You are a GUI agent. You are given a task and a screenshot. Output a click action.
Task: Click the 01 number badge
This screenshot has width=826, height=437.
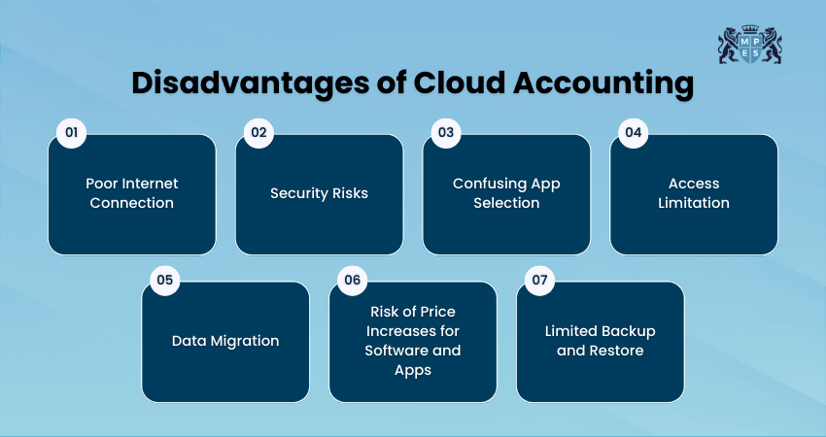[x=70, y=131]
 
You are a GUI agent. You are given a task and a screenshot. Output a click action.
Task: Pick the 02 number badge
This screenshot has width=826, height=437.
[x=258, y=131]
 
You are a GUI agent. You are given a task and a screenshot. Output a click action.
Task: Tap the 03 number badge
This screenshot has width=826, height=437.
[x=445, y=131]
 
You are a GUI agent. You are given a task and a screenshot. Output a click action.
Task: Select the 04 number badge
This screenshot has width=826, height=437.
[x=633, y=131]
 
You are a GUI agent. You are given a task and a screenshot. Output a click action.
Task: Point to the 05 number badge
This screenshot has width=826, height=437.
[x=164, y=280]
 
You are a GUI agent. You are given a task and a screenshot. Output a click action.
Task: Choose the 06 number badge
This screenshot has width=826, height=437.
[x=352, y=280]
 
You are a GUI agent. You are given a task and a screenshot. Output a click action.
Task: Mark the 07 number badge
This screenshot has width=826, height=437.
[x=538, y=280]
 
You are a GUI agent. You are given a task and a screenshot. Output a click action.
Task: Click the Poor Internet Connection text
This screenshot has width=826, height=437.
[x=131, y=193]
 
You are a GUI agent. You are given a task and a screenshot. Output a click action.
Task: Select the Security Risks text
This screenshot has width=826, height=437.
[x=319, y=193]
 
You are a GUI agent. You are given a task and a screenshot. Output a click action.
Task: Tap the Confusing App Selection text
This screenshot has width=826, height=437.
[x=506, y=193]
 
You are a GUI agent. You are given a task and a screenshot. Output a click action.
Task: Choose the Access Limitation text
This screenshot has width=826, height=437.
[x=694, y=193]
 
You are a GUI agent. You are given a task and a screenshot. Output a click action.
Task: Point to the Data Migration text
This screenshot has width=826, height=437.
[x=225, y=341]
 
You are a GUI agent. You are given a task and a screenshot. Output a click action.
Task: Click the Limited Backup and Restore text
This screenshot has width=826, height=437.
[x=600, y=341]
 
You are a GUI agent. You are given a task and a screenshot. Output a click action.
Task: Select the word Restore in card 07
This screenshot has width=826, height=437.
[x=617, y=351]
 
